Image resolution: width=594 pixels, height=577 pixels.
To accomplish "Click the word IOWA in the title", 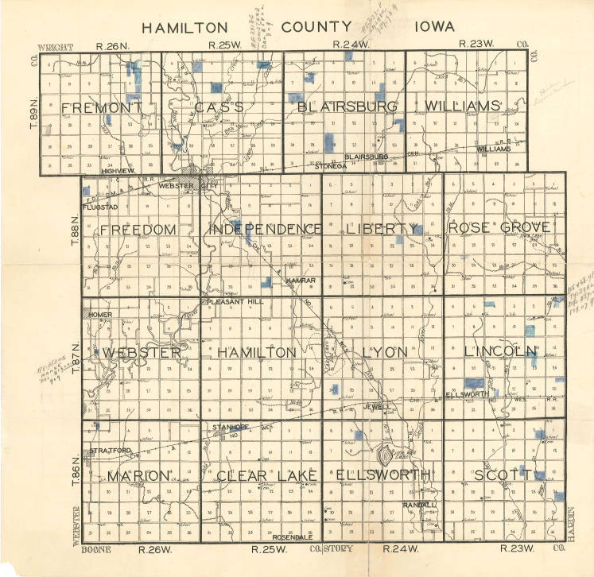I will point(433,26).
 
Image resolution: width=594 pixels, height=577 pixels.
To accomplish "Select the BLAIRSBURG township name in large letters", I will point(347,106).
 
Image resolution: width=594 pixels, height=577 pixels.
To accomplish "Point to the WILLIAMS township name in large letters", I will point(464,106).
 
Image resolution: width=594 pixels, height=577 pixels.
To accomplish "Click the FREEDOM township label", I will point(138,229).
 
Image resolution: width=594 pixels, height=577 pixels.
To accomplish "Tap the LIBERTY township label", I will point(382,229).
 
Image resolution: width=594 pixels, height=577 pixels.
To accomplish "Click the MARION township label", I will point(139,475).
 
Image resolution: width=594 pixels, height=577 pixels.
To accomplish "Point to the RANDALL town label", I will point(419,505).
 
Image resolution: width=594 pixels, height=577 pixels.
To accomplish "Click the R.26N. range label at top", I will point(111,46).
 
